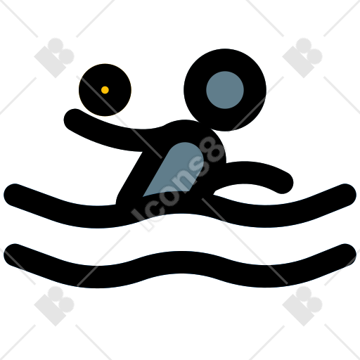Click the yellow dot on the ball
click(x=105, y=90)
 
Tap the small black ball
click(x=105, y=90)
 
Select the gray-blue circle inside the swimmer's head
click(x=225, y=90)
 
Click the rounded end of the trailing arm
click(x=283, y=184)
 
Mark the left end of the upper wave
click(x=15, y=195)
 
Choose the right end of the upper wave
click(x=345, y=195)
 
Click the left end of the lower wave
click(x=15, y=255)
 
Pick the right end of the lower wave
click(x=345, y=255)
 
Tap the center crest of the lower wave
click(x=180, y=262)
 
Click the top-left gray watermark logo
click(x=54, y=58)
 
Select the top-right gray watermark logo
click(x=302, y=58)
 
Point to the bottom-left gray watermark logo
click(x=54, y=306)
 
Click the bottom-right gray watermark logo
click(x=302, y=306)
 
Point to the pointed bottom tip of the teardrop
click(x=143, y=195)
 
